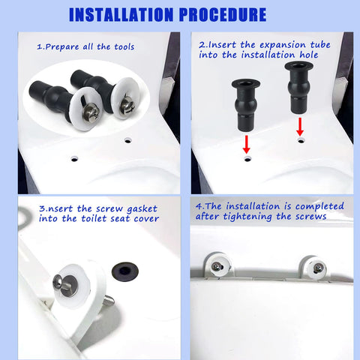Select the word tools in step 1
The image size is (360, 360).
pos(120,46)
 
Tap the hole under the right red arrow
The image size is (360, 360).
pos(301,139)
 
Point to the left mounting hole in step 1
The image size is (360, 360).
pos(73,159)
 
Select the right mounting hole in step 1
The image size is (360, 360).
pos(127,139)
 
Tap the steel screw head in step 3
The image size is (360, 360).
pos(59,283)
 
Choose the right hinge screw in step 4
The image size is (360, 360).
pos(317,268)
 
